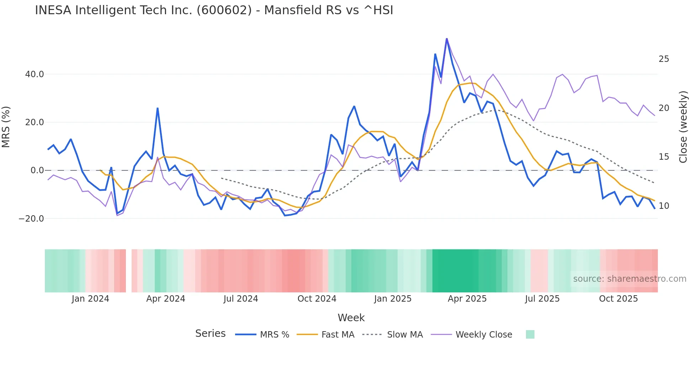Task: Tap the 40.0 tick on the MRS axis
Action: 34,74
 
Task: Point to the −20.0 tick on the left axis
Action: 31,219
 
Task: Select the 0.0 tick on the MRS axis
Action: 37,170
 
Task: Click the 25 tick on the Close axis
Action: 664,59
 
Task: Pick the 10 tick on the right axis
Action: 664,206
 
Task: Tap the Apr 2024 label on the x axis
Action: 166,299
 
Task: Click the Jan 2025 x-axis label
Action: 393,299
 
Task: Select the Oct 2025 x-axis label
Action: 618,299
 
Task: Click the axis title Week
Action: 351,318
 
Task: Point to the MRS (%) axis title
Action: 6,127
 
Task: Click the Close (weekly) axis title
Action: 683,127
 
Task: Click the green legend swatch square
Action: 530,334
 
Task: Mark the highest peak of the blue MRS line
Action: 447,39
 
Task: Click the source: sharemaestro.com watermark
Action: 629,279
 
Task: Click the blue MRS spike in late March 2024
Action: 158,108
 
